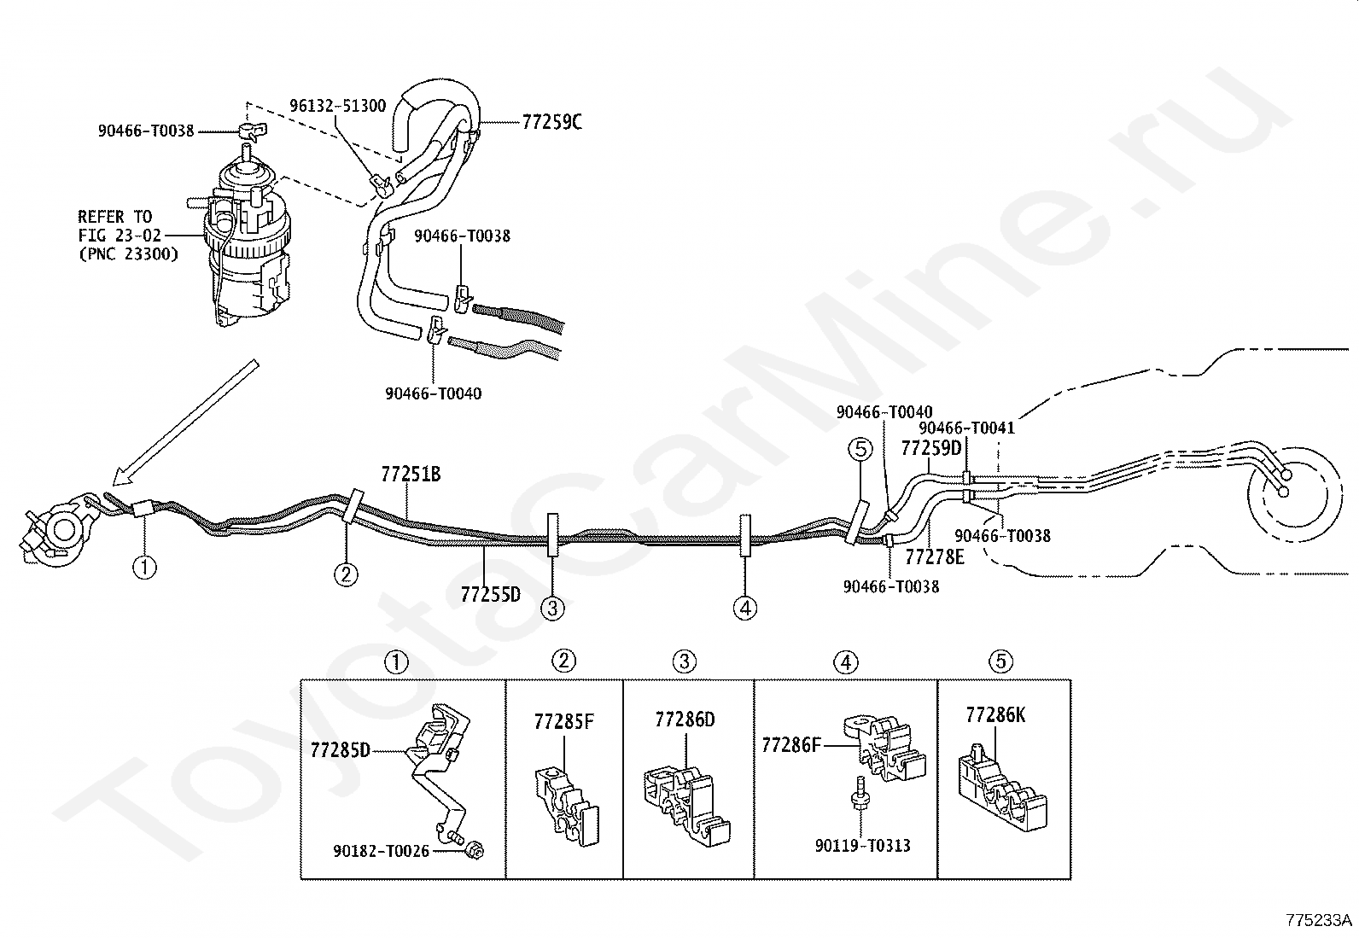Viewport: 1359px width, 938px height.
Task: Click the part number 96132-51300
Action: (x=337, y=106)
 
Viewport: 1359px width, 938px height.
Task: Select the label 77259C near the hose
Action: (x=551, y=123)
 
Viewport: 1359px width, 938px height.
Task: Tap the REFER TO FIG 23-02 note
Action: (x=128, y=235)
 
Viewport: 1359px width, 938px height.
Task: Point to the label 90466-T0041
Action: (x=966, y=428)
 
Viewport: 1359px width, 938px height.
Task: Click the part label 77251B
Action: (x=411, y=474)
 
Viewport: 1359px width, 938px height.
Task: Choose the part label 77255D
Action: (x=490, y=595)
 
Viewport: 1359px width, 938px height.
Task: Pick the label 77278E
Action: (x=934, y=557)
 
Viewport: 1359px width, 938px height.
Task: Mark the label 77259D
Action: (x=931, y=448)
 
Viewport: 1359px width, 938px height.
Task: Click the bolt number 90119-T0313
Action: (x=863, y=846)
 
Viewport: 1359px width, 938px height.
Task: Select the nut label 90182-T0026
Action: (x=381, y=852)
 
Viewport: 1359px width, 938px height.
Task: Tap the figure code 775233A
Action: (x=1319, y=920)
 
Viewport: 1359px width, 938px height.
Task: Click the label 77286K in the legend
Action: (x=995, y=716)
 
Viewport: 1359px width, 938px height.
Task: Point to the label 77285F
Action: (x=564, y=722)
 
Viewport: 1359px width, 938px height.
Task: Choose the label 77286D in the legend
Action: (x=685, y=720)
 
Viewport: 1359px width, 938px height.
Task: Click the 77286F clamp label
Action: (x=791, y=745)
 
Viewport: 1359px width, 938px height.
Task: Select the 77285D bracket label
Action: (x=340, y=750)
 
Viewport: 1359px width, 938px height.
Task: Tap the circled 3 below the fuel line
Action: (x=552, y=608)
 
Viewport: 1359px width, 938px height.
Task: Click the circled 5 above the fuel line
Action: (x=860, y=449)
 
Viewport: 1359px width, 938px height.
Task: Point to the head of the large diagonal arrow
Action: (x=114, y=484)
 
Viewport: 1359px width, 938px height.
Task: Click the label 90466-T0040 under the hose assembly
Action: (x=433, y=393)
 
